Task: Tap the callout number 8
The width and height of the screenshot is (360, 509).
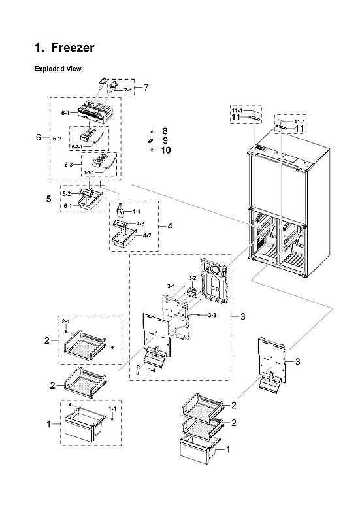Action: pyautogui.click(x=165, y=131)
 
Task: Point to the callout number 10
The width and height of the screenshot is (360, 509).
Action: pyautogui.click(x=165, y=150)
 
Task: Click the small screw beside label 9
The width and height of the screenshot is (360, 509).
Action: pyautogui.click(x=151, y=140)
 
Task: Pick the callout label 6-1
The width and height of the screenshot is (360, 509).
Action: pyautogui.click(x=65, y=114)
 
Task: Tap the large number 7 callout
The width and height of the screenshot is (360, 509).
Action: pyautogui.click(x=146, y=87)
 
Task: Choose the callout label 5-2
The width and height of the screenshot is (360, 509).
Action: pyautogui.click(x=67, y=194)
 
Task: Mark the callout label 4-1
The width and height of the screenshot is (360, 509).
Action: pyautogui.click(x=137, y=212)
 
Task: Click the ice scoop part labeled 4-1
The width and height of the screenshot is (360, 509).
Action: pyautogui.click(x=121, y=210)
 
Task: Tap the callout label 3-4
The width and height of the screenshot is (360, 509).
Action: pyautogui.click(x=151, y=370)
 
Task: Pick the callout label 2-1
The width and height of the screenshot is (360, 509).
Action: pyautogui.click(x=65, y=323)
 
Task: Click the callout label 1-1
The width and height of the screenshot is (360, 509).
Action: pyautogui.click(x=112, y=409)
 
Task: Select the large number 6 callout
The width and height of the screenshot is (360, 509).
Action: pyautogui.click(x=38, y=138)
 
